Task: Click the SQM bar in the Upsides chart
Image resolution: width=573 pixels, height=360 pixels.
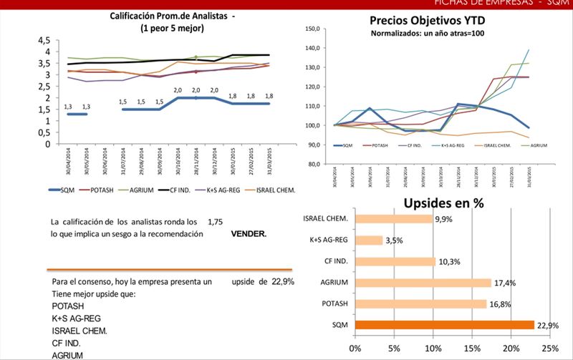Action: (x=444, y=325)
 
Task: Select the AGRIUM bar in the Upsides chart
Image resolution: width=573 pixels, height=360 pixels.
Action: (x=423, y=283)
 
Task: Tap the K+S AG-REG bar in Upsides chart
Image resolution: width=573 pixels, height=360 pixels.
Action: (x=368, y=240)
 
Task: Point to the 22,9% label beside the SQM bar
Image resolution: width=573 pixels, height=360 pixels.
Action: (x=548, y=325)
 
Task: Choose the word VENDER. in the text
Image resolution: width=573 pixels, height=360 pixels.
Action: (x=249, y=234)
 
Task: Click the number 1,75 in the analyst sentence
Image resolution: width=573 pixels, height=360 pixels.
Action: (x=215, y=223)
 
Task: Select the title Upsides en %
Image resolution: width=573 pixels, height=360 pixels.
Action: (x=443, y=203)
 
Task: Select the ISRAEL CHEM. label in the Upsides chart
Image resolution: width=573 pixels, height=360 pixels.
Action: (x=327, y=218)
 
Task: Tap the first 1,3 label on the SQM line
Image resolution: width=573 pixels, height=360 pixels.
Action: (x=68, y=107)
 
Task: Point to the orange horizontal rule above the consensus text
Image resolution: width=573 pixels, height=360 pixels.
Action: (x=170, y=270)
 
